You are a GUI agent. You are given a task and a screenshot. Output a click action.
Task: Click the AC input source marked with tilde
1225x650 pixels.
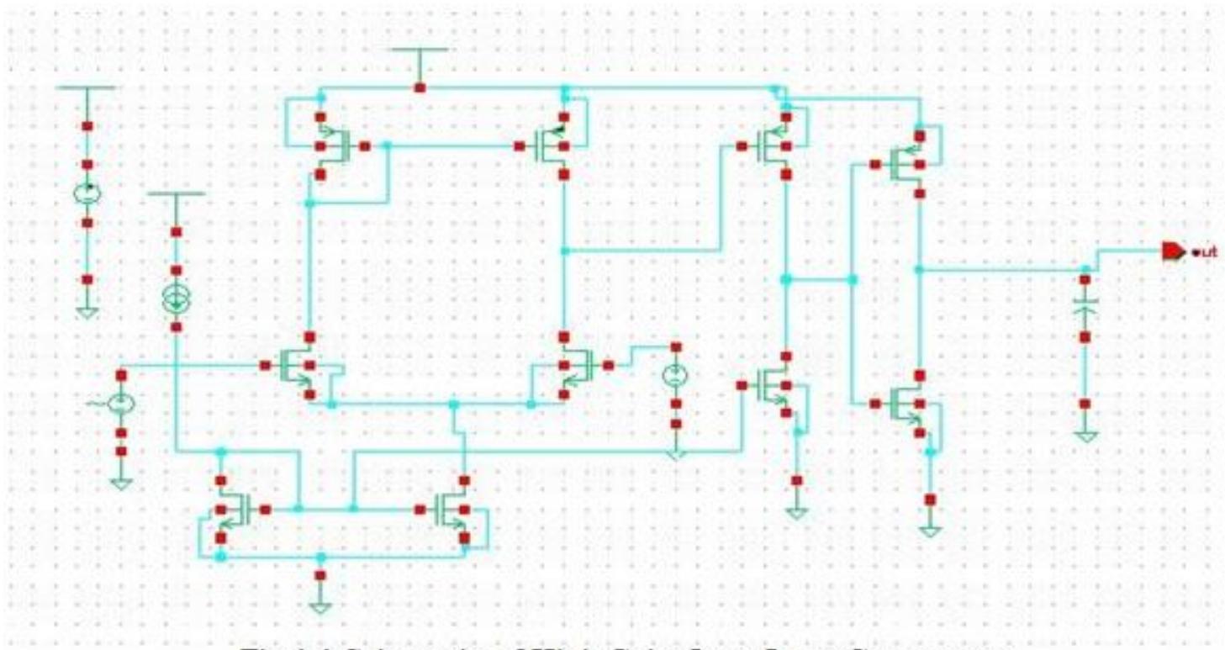point(121,404)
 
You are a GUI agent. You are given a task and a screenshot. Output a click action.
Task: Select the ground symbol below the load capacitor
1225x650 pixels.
point(1085,436)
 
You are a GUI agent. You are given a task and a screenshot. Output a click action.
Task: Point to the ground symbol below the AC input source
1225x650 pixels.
point(121,484)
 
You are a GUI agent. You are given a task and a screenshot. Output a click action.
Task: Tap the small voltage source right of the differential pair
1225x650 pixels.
point(674,376)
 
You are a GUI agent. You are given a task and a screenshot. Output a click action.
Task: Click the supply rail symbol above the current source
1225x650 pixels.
point(176,195)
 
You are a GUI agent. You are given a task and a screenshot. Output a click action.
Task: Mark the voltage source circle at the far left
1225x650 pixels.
point(87,193)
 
